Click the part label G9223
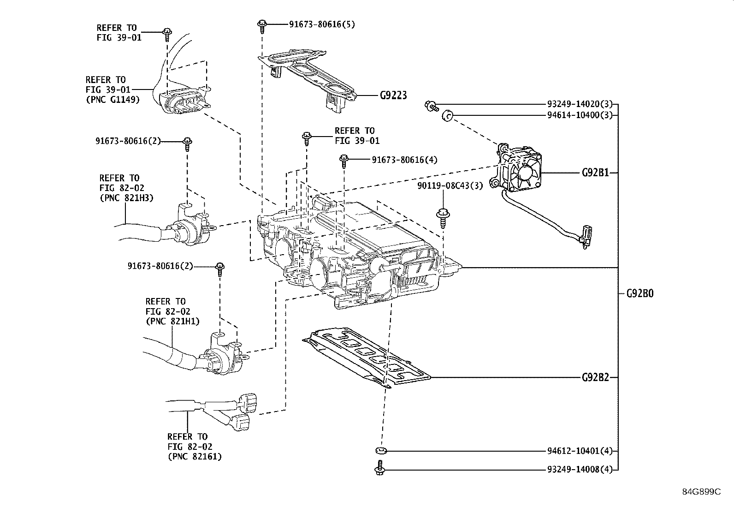[x=393, y=95]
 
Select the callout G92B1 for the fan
[x=595, y=173]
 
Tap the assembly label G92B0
[x=639, y=293]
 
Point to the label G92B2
[x=595, y=377]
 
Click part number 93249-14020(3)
[x=580, y=104]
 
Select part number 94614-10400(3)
[x=580, y=115]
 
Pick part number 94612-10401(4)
[x=580, y=451]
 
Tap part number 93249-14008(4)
[x=580, y=470]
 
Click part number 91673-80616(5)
[x=322, y=24]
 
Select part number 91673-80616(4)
[x=404, y=160]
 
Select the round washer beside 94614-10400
[x=447, y=115]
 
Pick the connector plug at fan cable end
[x=586, y=235]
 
